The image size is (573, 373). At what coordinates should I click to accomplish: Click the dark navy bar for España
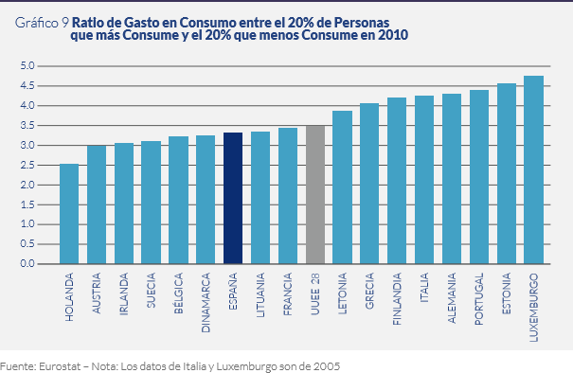tap(233, 198)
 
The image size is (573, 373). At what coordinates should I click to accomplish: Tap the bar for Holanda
tap(68, 214)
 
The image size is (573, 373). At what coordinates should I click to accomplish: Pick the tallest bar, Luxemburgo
tap(534, 169)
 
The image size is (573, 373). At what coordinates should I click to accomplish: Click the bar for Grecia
tap(370, 184)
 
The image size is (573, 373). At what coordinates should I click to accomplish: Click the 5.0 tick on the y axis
tap(27, 66)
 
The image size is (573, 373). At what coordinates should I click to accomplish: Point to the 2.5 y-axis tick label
tap(27, 165)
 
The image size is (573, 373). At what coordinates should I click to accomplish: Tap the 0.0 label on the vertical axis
tap(27, 263)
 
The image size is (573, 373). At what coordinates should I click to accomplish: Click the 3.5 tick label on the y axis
tap(27, 125)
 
